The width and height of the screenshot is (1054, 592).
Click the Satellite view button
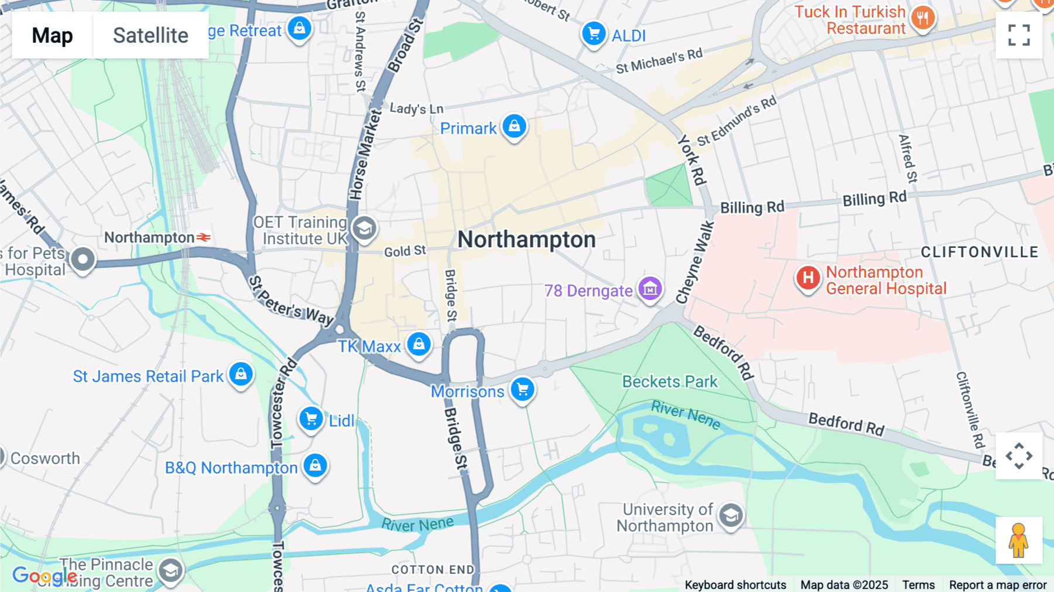[150, 35]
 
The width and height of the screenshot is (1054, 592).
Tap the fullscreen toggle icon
[1019, 35]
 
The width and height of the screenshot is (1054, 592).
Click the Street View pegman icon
[1019, 540]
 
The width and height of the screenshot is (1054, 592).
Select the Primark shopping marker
[514, 127]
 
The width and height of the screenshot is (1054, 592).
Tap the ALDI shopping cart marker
[594, 34]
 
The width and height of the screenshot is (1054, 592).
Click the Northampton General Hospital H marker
[808, 278]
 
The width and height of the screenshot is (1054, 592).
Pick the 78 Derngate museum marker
[650, 288]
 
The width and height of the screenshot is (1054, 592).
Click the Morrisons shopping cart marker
[523, 389]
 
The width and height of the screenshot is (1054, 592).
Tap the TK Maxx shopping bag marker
[419, 345]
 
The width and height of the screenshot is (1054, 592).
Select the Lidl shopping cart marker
[312, 419]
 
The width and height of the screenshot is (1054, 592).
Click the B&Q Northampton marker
[316, 466]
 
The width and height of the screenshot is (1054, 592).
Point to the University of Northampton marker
[731, 516]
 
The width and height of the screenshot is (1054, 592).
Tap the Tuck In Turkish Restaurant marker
[923, 18]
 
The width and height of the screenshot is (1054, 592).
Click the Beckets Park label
[669, 382]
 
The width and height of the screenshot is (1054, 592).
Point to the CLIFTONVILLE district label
[980, 252]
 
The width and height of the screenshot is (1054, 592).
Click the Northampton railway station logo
[203, 237]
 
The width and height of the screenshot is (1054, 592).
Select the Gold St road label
[405, 251]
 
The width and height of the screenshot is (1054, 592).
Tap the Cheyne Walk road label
[695, 262]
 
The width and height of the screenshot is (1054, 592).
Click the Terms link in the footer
[918, 584]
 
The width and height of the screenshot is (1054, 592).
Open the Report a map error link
[997, 584]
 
